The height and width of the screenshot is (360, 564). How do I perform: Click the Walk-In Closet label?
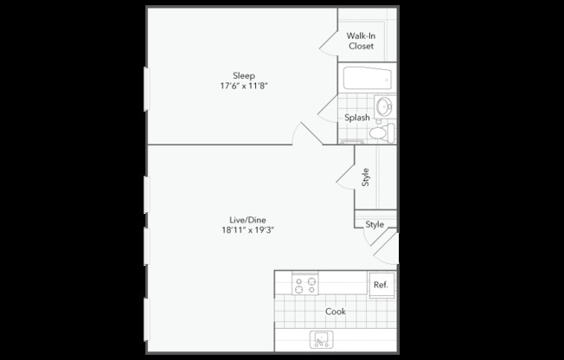point(360,41)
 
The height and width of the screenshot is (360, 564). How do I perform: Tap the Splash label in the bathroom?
point(357,118)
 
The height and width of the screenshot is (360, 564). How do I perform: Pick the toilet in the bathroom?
point(383,133)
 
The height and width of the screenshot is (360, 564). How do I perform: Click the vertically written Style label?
point(366,177)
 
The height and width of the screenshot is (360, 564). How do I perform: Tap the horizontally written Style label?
point(374,224)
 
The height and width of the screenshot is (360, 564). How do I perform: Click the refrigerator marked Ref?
point(380,285)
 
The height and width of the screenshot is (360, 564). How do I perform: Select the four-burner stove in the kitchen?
point(304,284)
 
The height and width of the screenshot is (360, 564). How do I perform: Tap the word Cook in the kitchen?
point(336,312)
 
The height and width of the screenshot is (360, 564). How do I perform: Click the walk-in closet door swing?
point(329,39)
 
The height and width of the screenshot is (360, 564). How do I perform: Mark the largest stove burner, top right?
point(310,279)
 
